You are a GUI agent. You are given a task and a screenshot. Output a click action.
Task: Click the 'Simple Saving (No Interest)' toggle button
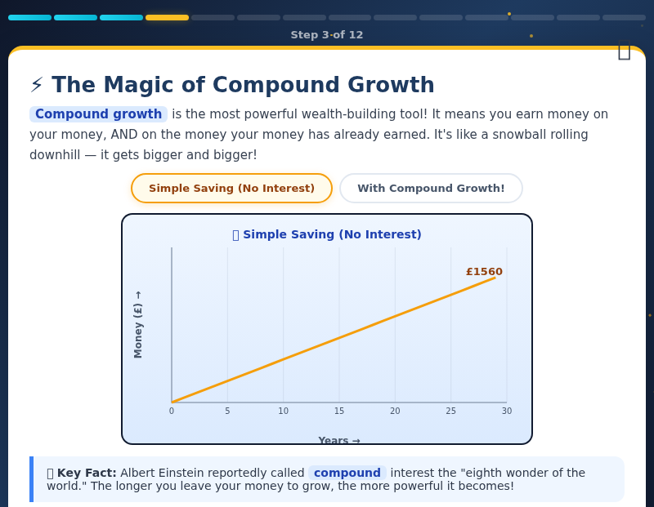[x=231, y=189]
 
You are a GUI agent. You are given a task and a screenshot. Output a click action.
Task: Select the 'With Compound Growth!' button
[x=431, y=189]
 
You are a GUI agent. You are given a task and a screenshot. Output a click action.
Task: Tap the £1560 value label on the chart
[x=484, y=272]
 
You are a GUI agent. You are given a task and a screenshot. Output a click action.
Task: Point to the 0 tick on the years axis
[x=172, y=411]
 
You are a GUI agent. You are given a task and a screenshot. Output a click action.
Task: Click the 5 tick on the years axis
[x=227, y=411]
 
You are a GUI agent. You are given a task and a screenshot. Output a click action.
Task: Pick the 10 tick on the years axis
[x=283, y=411]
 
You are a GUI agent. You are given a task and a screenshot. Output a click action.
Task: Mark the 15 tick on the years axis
[x=339, y=411]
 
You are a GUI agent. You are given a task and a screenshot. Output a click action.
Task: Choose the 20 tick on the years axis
[x=395, y=411]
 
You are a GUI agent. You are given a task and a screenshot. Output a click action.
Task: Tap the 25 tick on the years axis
[x=450, y=411]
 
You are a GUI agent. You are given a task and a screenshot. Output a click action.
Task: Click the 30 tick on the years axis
[x=507, y=411]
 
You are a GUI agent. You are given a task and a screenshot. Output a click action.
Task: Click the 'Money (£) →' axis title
[x=138, y=324]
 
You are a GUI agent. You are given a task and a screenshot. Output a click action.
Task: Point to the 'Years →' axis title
[x=338, y=441]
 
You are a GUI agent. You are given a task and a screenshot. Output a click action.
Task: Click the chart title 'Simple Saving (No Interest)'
[x=332, y=235]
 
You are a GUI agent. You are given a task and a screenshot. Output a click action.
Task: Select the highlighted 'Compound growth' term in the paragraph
[x=98, y=114]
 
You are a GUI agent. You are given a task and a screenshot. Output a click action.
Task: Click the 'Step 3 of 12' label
[x=327, y=35]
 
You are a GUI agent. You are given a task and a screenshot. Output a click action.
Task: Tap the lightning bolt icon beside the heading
[x=37, y=85]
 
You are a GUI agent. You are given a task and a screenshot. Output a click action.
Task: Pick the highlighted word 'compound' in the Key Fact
[x=347, y=473]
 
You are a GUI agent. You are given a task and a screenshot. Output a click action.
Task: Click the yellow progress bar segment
[x=167, y=17]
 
